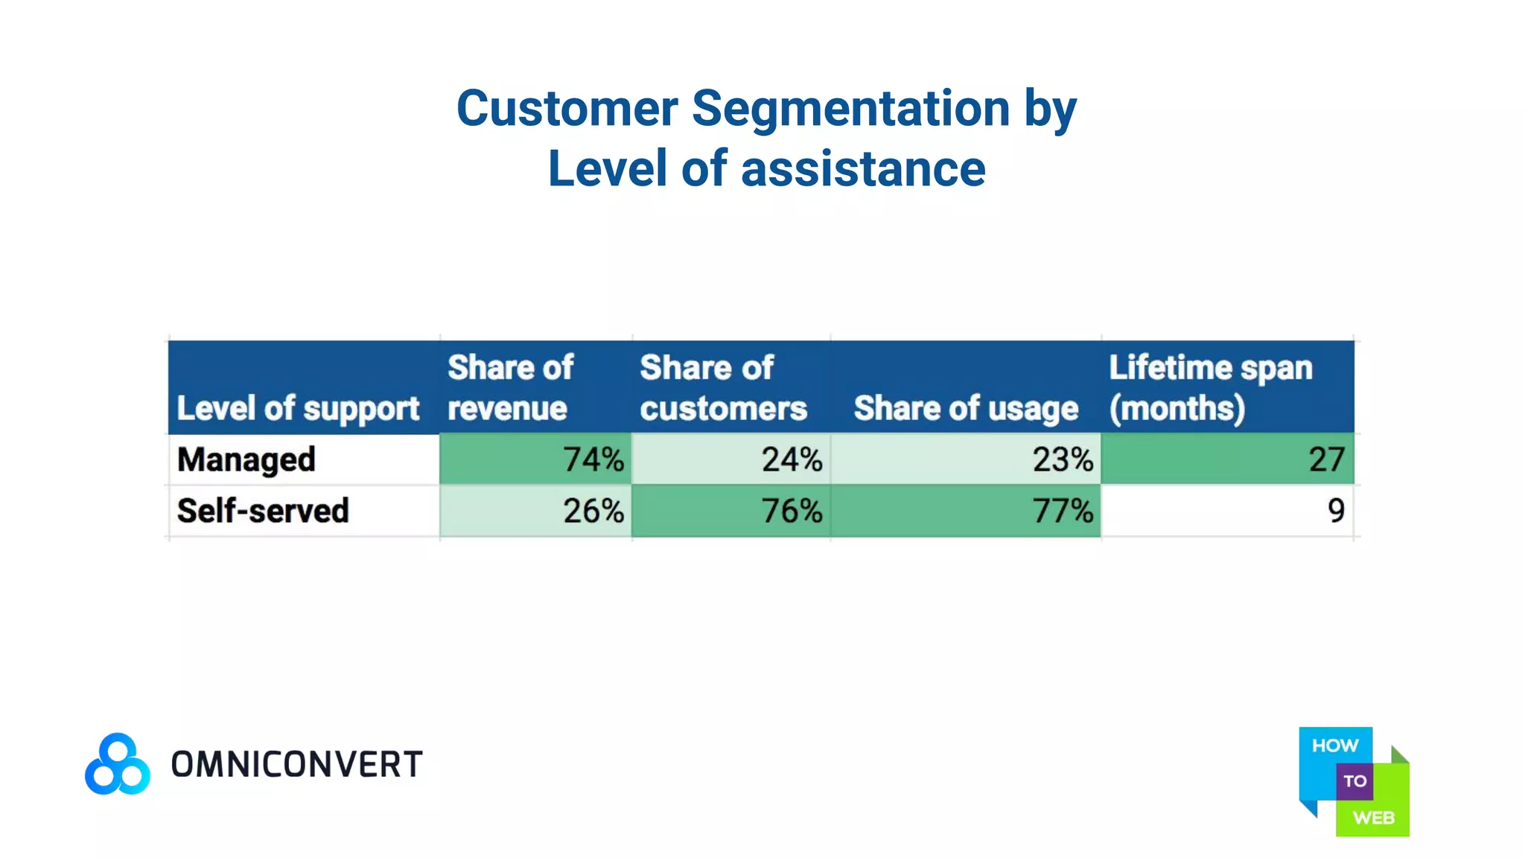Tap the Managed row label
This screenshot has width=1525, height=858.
coord(246,460)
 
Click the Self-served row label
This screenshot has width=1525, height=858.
coord(263,511)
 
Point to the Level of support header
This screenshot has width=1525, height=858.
coord(298,408)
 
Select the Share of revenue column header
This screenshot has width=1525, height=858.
coord(510,387)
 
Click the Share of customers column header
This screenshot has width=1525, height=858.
coord(722,387)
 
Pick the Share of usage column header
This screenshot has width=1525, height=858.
coord(966,408)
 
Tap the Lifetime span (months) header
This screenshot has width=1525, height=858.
coord(1210,387)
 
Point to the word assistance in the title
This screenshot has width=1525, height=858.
coord(863,169)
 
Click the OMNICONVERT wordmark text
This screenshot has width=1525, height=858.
coord(296,765)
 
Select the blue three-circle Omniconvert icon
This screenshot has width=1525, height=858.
coord(118,764)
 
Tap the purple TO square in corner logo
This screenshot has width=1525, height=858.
coord(1354,781)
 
